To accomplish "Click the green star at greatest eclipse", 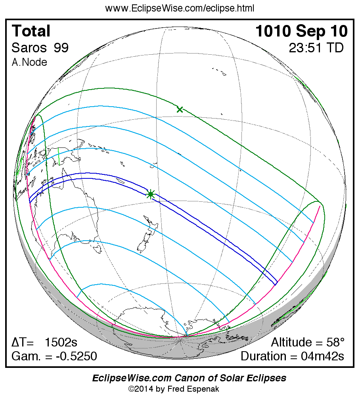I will [151, 194].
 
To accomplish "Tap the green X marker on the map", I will [180, 109].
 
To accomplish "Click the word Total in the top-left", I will [31, 31].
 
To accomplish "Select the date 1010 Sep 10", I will [301, 31].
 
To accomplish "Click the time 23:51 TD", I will [316, 48].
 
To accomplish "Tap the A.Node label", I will [29, 62].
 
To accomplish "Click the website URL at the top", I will [180, 8].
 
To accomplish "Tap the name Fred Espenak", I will [199, 389].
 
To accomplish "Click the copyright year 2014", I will [143, 389].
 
